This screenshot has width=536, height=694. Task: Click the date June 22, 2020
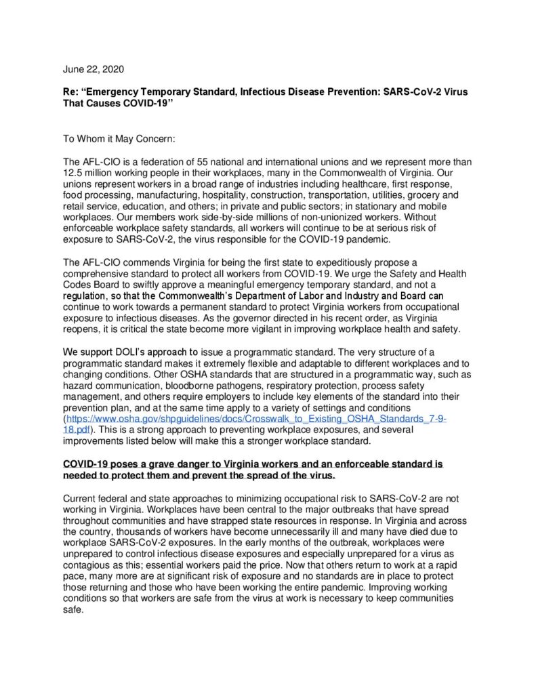tap(94, 69)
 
